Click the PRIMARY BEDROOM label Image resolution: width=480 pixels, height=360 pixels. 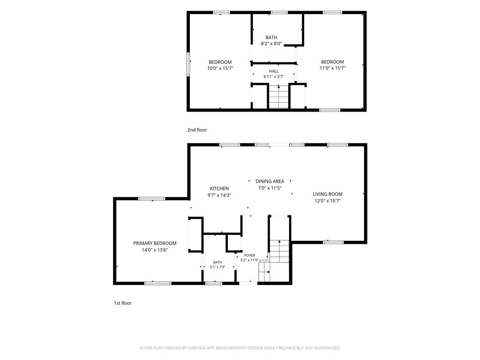coord(155,243)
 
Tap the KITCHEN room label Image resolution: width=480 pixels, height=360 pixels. coord(219,188)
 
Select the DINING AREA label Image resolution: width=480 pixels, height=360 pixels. coord(270,181)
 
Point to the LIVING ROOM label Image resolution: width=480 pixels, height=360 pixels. coord(328,194)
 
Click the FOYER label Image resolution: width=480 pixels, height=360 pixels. coord(249,255)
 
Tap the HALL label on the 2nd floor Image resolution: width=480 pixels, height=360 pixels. coord(274,71)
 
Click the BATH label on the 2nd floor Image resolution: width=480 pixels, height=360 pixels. coord(271,37)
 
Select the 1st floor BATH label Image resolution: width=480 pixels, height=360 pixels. coord(217,262)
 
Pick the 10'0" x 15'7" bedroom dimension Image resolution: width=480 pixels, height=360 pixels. coord(220,68)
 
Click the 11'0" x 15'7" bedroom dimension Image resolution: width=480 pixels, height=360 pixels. coord(332,68)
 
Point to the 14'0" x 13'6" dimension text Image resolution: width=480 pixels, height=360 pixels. coord(155,250)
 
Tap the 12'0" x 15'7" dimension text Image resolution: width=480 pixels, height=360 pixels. coord(328,201)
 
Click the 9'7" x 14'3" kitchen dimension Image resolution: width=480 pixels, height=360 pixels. coord(219,195)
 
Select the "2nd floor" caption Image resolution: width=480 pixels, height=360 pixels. coord(197,130)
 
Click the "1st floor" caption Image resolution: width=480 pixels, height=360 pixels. coord(123,303)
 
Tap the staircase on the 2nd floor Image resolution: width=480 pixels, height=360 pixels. coord(278,97)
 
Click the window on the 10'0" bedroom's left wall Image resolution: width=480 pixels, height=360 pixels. coord(188,64)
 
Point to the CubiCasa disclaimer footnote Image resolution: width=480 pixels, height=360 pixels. coord(240,348)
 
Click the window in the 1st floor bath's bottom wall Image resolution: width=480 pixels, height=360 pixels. coord(214,283)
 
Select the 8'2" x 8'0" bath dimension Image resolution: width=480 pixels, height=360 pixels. coord(271,44)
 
